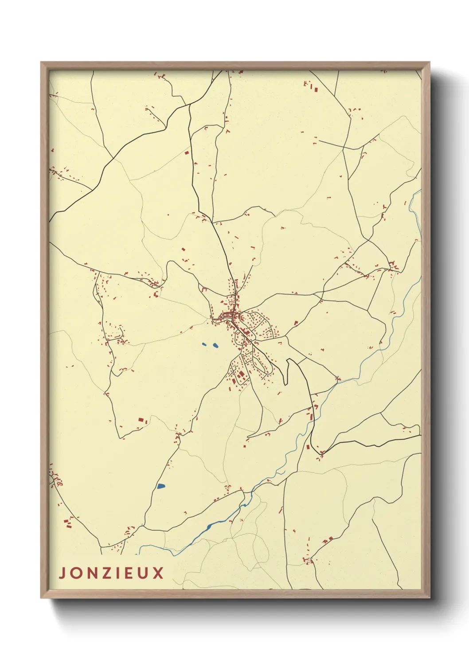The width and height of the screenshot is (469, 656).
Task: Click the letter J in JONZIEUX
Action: click(x=63, y=573)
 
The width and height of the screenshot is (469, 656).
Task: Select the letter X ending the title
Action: click(x=158, y=573)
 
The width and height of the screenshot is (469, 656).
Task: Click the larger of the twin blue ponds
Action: click(x=215, y=345)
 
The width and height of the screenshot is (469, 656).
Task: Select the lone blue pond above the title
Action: click(x=160, y=486)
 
